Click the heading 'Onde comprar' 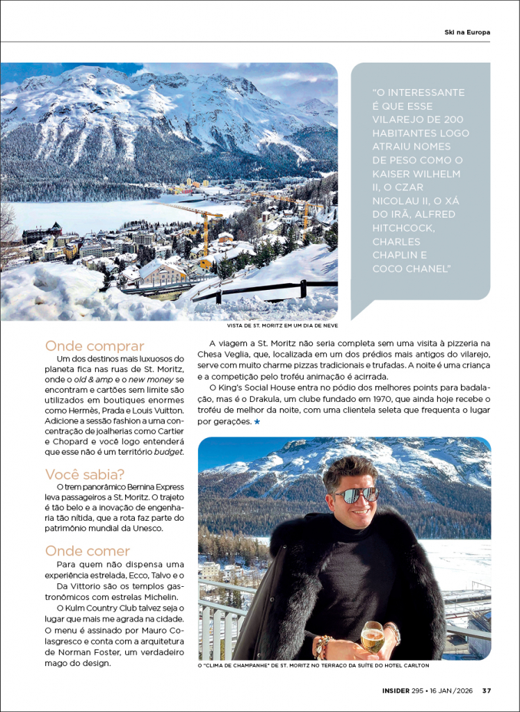(95, 346)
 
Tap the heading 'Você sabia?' (85, 474)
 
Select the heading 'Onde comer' (88, 551)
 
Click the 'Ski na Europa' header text (467, 32)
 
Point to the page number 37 (487, 690)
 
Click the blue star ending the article (257, 421)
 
